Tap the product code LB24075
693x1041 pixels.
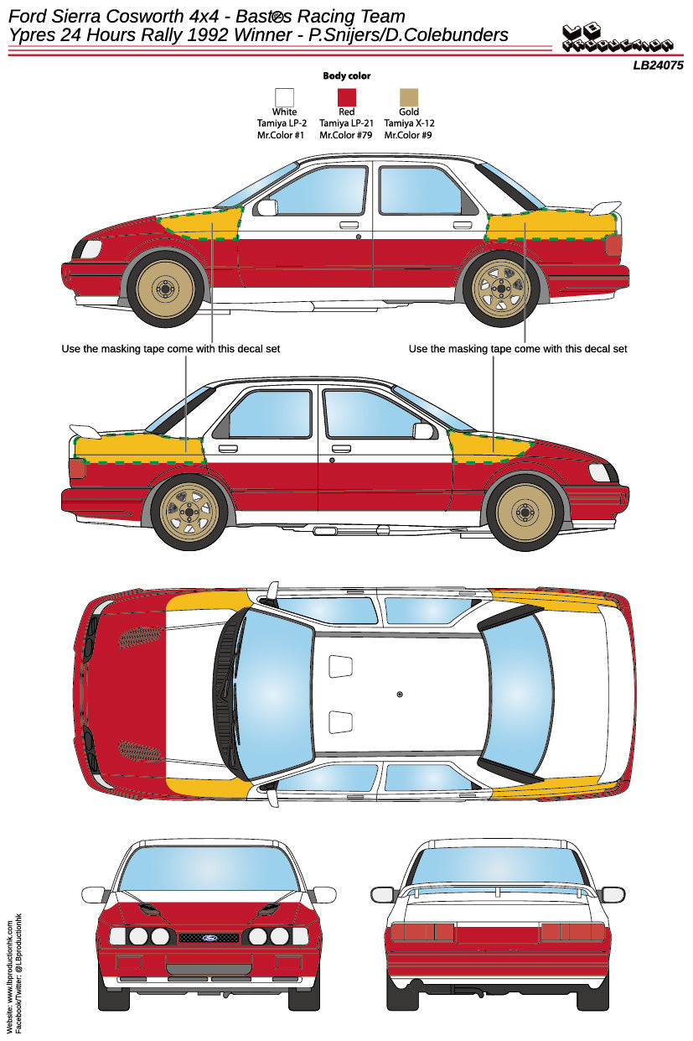(x=658, y=65)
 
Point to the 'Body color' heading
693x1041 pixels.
(x=346, y=75)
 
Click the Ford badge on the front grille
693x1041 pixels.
(x=209, y=937)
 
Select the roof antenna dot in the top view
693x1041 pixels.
(x=400, y=694)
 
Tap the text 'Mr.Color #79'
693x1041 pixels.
(x=346, y=134)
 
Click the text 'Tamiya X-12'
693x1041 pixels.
(x=409, y=122)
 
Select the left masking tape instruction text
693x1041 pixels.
(x=171, y=348)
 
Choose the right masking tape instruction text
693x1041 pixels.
(x=517, y=348)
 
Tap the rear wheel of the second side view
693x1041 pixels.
(x=190, y=512)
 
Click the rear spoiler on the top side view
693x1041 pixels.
(x=604, y=208)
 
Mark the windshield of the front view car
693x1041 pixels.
(x=208, y=868)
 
